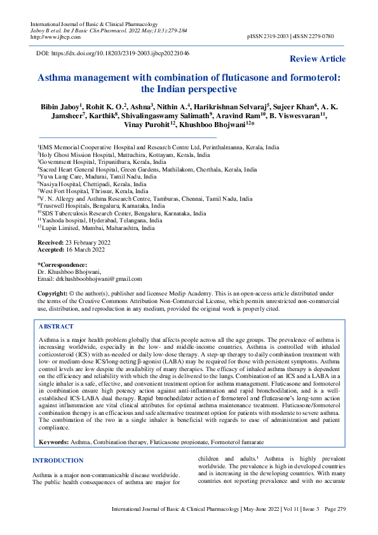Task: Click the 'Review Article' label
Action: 318,59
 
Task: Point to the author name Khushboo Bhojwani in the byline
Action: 208,125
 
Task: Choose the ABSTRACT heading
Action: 56,325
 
